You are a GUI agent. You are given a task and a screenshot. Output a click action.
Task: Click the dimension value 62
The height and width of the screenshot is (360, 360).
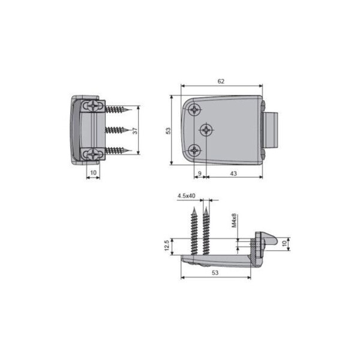coord(221,81)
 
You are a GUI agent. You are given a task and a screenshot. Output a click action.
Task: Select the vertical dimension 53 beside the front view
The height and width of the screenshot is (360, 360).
coord(168,131)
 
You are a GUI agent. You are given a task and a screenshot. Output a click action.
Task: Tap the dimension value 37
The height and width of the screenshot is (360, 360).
coord(135,131)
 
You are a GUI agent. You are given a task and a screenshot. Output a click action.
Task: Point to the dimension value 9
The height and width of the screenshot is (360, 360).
coord(200,173)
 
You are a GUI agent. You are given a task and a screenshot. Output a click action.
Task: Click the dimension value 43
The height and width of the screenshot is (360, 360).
coord(233,173)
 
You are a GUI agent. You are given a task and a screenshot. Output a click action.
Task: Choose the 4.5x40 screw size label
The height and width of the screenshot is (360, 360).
coord(186,196)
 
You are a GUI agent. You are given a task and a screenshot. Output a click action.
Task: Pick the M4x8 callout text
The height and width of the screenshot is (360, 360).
coord(234,221)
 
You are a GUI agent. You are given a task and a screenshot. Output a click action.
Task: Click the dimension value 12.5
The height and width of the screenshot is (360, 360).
coord(167,245)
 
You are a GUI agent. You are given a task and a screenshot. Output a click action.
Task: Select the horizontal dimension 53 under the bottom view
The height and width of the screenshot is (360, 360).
coord(215,272)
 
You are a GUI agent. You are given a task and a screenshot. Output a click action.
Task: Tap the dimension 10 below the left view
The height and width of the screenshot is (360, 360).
coord(93,172)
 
